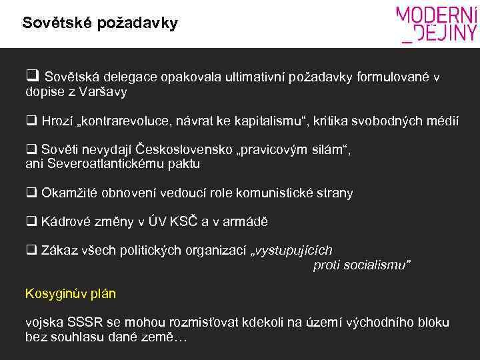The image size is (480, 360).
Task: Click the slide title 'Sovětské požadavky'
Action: (100, 24)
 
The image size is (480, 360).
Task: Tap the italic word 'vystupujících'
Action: (294, 251)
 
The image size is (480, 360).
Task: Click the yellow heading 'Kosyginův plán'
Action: (70, 293)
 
